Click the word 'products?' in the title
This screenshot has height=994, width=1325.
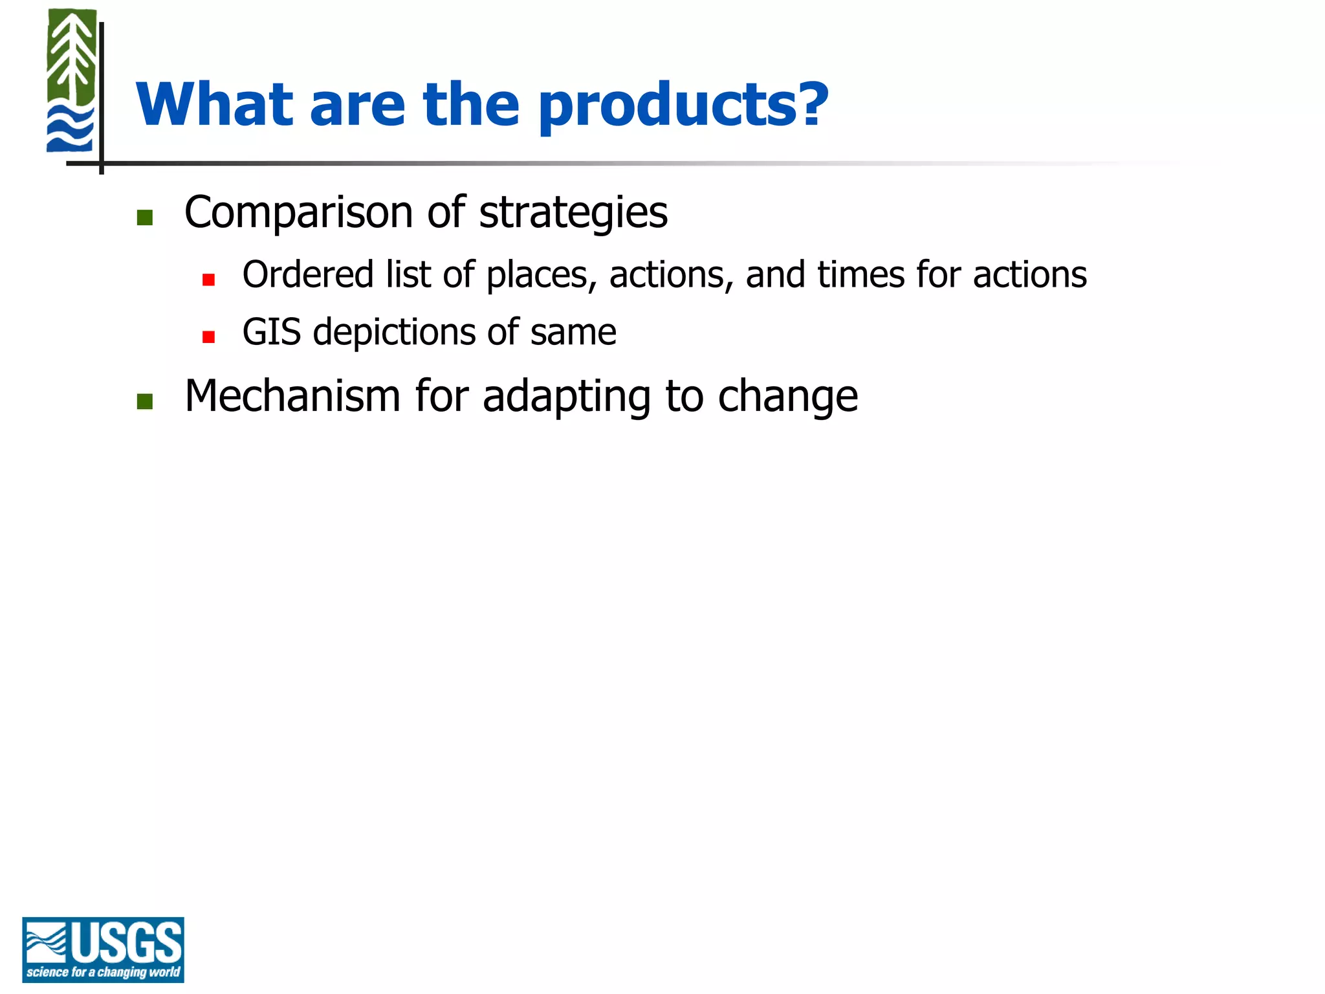click(x=683, y=107)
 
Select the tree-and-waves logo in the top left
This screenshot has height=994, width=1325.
click(x=71, y=81)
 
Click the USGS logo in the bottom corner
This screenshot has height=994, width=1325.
click(x=103, y=949)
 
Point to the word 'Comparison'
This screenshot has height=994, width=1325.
click(x=298, y=213)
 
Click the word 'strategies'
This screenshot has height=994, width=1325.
click(x=573, y=213)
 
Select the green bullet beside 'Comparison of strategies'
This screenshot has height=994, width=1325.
click(x=145, y=217)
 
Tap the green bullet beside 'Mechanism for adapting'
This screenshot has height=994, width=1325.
click(x=145, y=402)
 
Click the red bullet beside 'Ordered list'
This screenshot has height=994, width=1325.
click(x=208, y=280)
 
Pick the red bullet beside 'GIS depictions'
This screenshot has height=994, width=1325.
click(x=208, y=337)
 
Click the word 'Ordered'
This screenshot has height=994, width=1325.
click(x=308, y=274)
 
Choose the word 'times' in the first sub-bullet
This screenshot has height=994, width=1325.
click(x=860, y=274)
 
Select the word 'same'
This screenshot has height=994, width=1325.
click(x=573, y=333)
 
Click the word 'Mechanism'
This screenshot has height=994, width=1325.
click(x=292, y=396)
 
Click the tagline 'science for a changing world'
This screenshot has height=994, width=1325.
click(x=103, y=972)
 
